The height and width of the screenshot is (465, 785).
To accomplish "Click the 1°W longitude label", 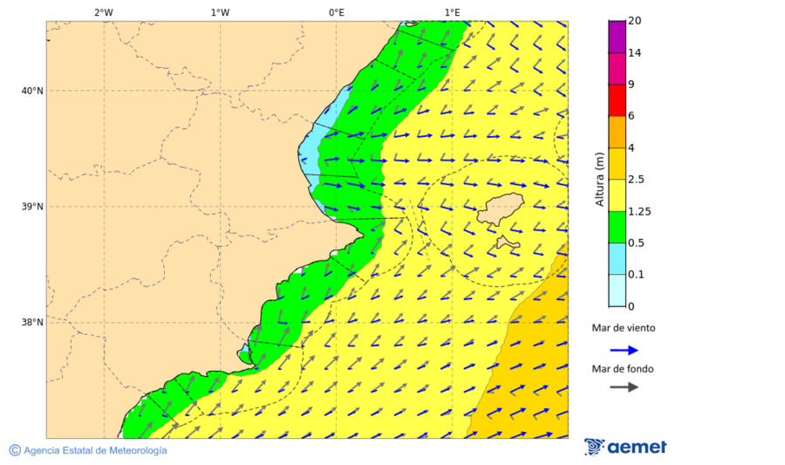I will (x=220, y=12).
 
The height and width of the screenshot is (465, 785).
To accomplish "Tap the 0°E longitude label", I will (x=336, y=12).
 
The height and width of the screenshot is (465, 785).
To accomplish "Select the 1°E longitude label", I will (x=452, y=12).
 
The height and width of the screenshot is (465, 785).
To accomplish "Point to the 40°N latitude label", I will (x=31, y=91).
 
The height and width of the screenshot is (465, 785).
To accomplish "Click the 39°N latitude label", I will (x=31, y=207).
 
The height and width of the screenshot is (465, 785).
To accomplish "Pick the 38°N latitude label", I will (x=31, y=323).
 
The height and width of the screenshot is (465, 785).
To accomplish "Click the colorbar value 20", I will (x=635, y=21).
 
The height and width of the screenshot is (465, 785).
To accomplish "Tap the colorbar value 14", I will (x=635, y=53).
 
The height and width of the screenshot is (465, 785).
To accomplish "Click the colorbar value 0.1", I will (x=636, y=275).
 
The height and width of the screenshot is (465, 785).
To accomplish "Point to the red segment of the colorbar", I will (x=617, y=100).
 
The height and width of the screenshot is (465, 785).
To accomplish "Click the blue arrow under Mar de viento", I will (x=624, y=350).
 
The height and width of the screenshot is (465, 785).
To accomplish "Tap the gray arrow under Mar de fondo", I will (x=624, y=387).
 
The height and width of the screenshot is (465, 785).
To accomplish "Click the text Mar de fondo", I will (x=622, y=369).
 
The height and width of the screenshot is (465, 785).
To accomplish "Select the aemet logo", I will (x=625, y=447).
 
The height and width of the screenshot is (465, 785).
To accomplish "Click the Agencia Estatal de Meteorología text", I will (x=94, y=450).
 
